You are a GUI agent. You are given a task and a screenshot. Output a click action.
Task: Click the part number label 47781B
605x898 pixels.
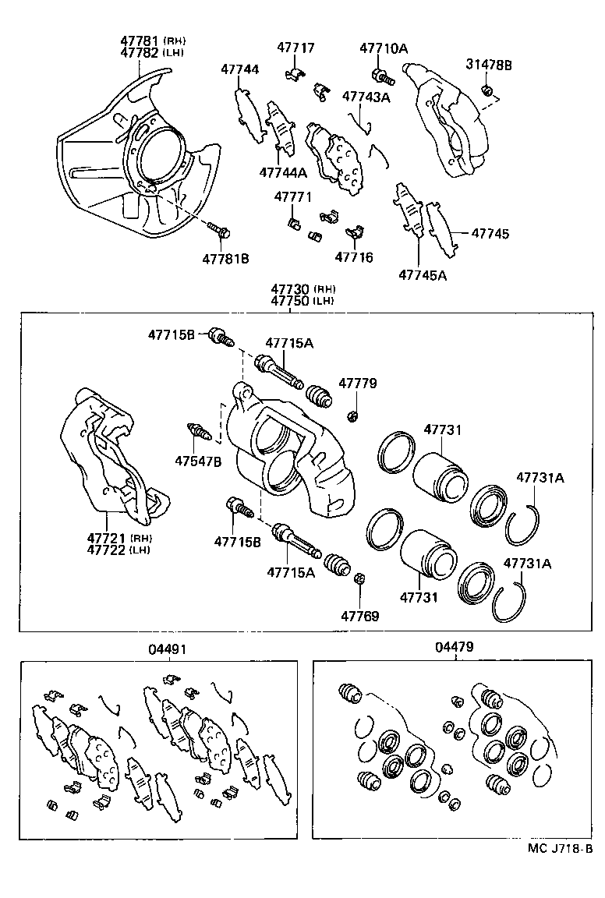click(x=225, y=258)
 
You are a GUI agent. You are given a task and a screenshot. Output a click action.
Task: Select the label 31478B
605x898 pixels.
click(x=489, y=65)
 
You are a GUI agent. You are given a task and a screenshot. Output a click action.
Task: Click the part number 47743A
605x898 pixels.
click(x=366, y=97)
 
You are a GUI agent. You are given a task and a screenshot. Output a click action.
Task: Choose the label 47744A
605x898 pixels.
click(x=283, y=171)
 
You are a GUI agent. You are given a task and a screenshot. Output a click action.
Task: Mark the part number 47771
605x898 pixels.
click(x=292, y=198)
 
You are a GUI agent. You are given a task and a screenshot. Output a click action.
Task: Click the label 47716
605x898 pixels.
click(x=354, y=257)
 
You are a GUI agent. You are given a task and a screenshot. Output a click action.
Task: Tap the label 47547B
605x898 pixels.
click(x=197, y=461)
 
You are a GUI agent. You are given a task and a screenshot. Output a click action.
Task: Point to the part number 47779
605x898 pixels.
click(x=358, y=384)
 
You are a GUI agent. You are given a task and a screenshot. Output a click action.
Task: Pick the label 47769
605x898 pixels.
click(x=359, y=616)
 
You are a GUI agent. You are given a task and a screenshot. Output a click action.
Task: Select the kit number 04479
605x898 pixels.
click(x=455, y=646)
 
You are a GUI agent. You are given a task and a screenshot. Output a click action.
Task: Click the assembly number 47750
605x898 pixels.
click(x=292, y=301)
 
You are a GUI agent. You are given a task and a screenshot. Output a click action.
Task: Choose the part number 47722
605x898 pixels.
click(x=107, y=550)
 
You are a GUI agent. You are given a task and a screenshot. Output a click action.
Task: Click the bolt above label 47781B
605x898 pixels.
click(x=218, y=229)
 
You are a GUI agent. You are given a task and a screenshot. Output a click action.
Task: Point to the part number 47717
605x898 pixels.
click(x=295, y=48)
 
